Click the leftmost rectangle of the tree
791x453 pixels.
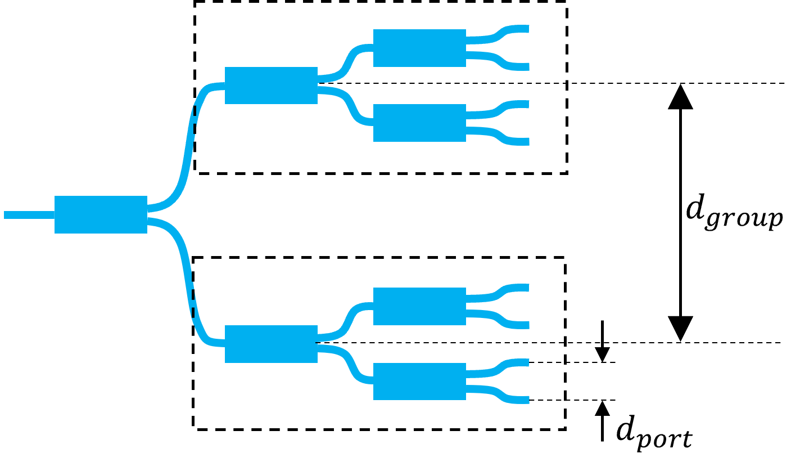tap(101, 214)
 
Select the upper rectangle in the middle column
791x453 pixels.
tap(271, 86)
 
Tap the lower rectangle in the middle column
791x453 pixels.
tap(271, 344)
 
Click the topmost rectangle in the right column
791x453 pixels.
tap(419, 48)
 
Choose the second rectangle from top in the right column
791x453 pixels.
tap(419, 123)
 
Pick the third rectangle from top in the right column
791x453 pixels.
tap(419, 306)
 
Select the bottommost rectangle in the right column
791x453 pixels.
tap(419, 382)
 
